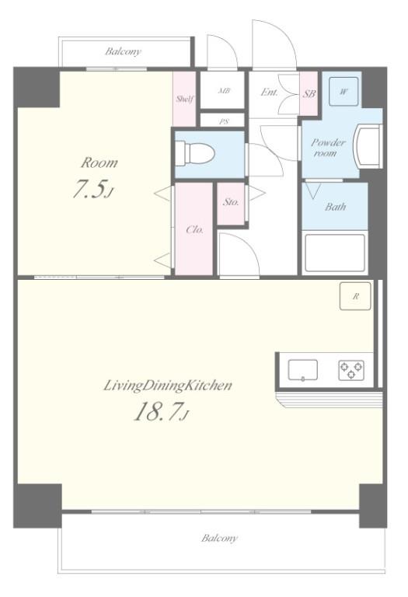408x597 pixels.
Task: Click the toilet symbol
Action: pyautogui.click(x=194, y=153)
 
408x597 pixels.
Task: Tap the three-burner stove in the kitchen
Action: pyautogui.click(x=351, y=370)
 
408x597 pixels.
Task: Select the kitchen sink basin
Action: pyautogui.click(x=302, y=370)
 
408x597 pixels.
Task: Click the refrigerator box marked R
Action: pyautogui.click(x=355, y=296)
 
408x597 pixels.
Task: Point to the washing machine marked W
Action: pyautogui.click(x=343, y=92)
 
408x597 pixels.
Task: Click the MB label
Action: pyautogui.click(x=224, y=91)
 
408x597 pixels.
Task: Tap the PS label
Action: pyautogui.click(x=224, y=122)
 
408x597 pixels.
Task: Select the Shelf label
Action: pyautogui.click(x=185, y=99)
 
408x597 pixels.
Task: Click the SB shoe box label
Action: pyautogui.click(x=309, y=93)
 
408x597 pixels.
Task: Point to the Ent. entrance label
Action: pyautogui.click(x=269, y=93)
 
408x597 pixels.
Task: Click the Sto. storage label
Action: pyautogui.click(x=231, y=202)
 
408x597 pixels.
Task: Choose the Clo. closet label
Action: pyautogui.click(x=195, y=230)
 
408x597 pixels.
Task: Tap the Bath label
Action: pyautogui.click(x=335, y=207)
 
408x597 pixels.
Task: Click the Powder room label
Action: pyautogui.click(x=328, y=148)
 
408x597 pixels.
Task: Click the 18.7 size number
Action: pyautogui.click(x=161, y=411)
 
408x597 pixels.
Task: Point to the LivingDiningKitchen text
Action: pyautogui.click(x=168, y=386)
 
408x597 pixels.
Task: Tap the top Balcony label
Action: pyautogui.click(x=123, y=51)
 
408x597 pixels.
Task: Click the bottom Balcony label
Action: pyautogui.click(x=219, y=538)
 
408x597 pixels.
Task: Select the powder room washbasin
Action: pyautogui.click(x=368, y=147)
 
